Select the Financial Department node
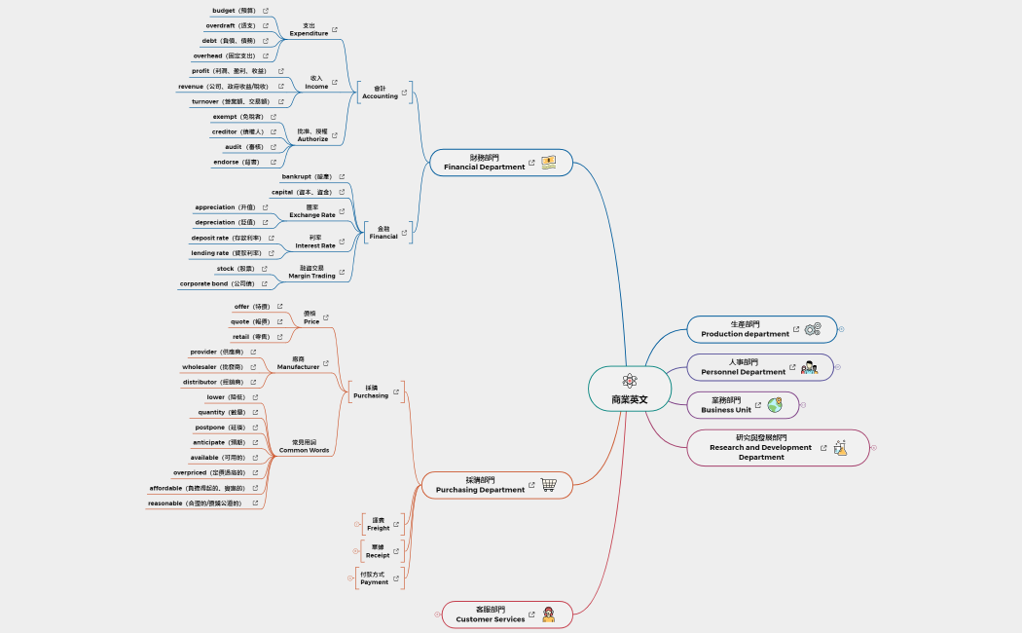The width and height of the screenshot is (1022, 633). pyautogui.click(x=484, y=163)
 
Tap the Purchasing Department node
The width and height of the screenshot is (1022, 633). pyautogui.click(x=480, y=485)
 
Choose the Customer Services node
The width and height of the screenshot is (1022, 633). pyautogui.click(x=490, y=614)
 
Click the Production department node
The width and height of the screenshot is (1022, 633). pyautogui.click(x=745, y=329)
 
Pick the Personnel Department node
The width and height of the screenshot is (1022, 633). pyautogui.click(x=743, y=367)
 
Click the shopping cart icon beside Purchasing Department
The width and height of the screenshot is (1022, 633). pyautogui.click(x=549, y=485)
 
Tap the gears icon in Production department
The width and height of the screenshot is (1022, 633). pyautogui.click(x=813, y=330)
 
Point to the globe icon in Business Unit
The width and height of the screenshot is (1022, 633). pyautogui.click(x=775, y=405)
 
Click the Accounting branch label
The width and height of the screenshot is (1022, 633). pyautogui.click(x=380, y=93)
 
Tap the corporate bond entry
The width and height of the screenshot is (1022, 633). pyautogui.click(x=216, y=284)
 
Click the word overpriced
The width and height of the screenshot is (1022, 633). pyautogui.click(x=201, y=472)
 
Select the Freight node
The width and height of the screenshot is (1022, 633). pyautogui.click(x=378, y=524)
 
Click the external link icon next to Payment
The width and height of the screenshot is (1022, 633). pyautogui.click(x=395, y=578)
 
